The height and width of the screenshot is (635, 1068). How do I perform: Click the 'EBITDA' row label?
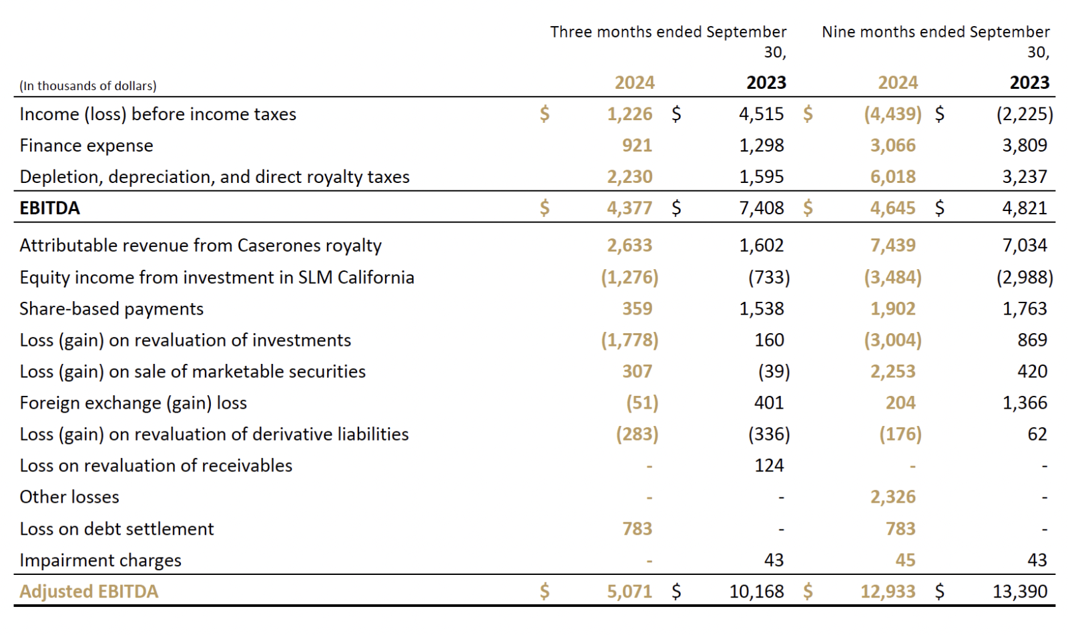pyautogui.click(x=49, y=208)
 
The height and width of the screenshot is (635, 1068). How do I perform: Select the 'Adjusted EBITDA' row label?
pyautogui.click(x=89, y=592)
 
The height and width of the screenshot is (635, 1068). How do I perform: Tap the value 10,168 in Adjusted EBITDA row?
pyautogui.click(x=756, y=592)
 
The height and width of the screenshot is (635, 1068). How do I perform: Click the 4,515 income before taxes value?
pyautogui.click(x=761, y=114)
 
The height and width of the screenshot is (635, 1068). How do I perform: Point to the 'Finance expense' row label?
pyautogui.click(x=86, y=146)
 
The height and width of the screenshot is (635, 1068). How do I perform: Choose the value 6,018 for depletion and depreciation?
pyautogui.click(x=892, y=177)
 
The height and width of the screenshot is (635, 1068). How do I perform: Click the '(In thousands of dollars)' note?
pyautogui.click(x=87, y=85)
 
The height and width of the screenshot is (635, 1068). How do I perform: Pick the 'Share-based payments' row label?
pyautogui.click(x=111, y=309)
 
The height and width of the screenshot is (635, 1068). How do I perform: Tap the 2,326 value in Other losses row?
pyautogui.click(x=892, y=497)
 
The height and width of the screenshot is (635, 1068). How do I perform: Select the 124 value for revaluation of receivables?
pyautogui.click(x=769, y=465)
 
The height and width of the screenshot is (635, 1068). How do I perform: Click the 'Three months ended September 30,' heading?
pyautogui.click(x=668, y=41)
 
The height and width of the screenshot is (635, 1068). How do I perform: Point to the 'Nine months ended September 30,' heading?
pyautogui.click(x=935, y=41)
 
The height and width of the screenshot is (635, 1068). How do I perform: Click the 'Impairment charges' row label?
pyautogui.click(x=100, y=560)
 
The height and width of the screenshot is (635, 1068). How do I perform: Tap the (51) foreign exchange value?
pyautogui.click(x=641, y=403)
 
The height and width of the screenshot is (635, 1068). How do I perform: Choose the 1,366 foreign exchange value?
pyautogui.click(x=1025, y=403)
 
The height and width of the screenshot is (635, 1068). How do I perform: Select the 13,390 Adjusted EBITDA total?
pyautogui.click(x=1020, y=592)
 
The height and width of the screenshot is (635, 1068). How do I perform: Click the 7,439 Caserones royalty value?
pyautogui.click(x=892, y=246)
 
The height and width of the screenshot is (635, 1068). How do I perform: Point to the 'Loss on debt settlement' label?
pyautogui.click(x=117, y=529)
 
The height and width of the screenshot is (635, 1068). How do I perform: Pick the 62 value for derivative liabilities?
pyautogui.click(x=1037, y=434)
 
